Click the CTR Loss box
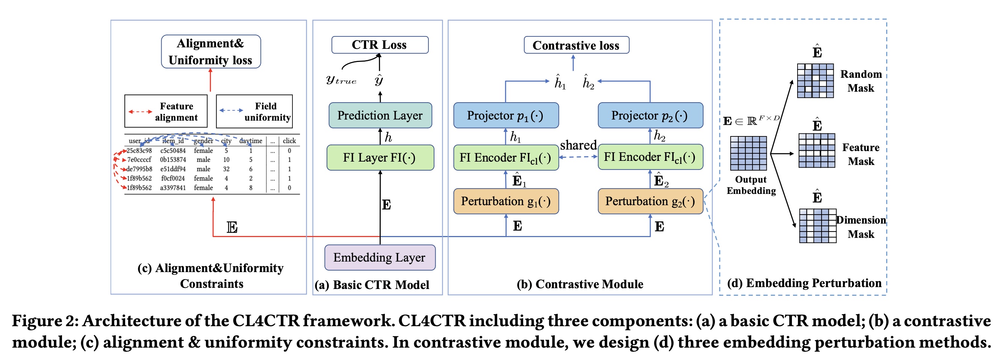click(380, 45)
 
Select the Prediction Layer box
click(380, 115)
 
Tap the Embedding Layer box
click(380, 257)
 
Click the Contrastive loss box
click(576, 45)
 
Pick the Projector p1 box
click(506, 115)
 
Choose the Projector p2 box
click(650, 115)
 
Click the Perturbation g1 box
click(506, 201)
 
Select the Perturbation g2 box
click(650, 201)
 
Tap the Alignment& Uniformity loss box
click(211, 51)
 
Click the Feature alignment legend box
click(166, 112)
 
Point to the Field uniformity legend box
click(254, 112)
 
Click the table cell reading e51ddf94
click(173, 169)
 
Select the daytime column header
click(250, 141)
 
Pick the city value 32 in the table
click(226, 169)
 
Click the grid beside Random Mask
click(815, 81)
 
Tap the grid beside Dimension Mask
click(817, 226)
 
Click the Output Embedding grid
click(748, 153)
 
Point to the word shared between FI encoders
click(578, 145)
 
